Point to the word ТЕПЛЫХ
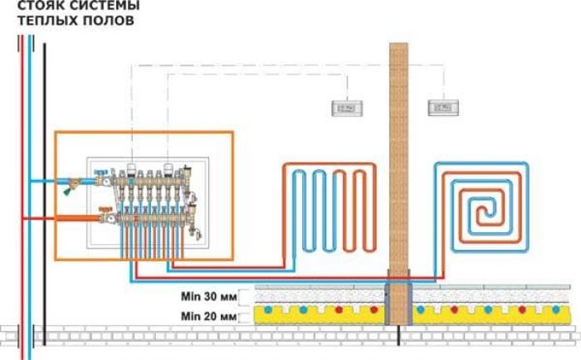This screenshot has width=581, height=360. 49,22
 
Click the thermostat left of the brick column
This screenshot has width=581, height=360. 342,107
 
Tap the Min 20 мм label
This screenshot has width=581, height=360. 208,316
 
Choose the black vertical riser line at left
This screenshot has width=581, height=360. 44,166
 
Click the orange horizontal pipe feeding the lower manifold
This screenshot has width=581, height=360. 62,219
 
